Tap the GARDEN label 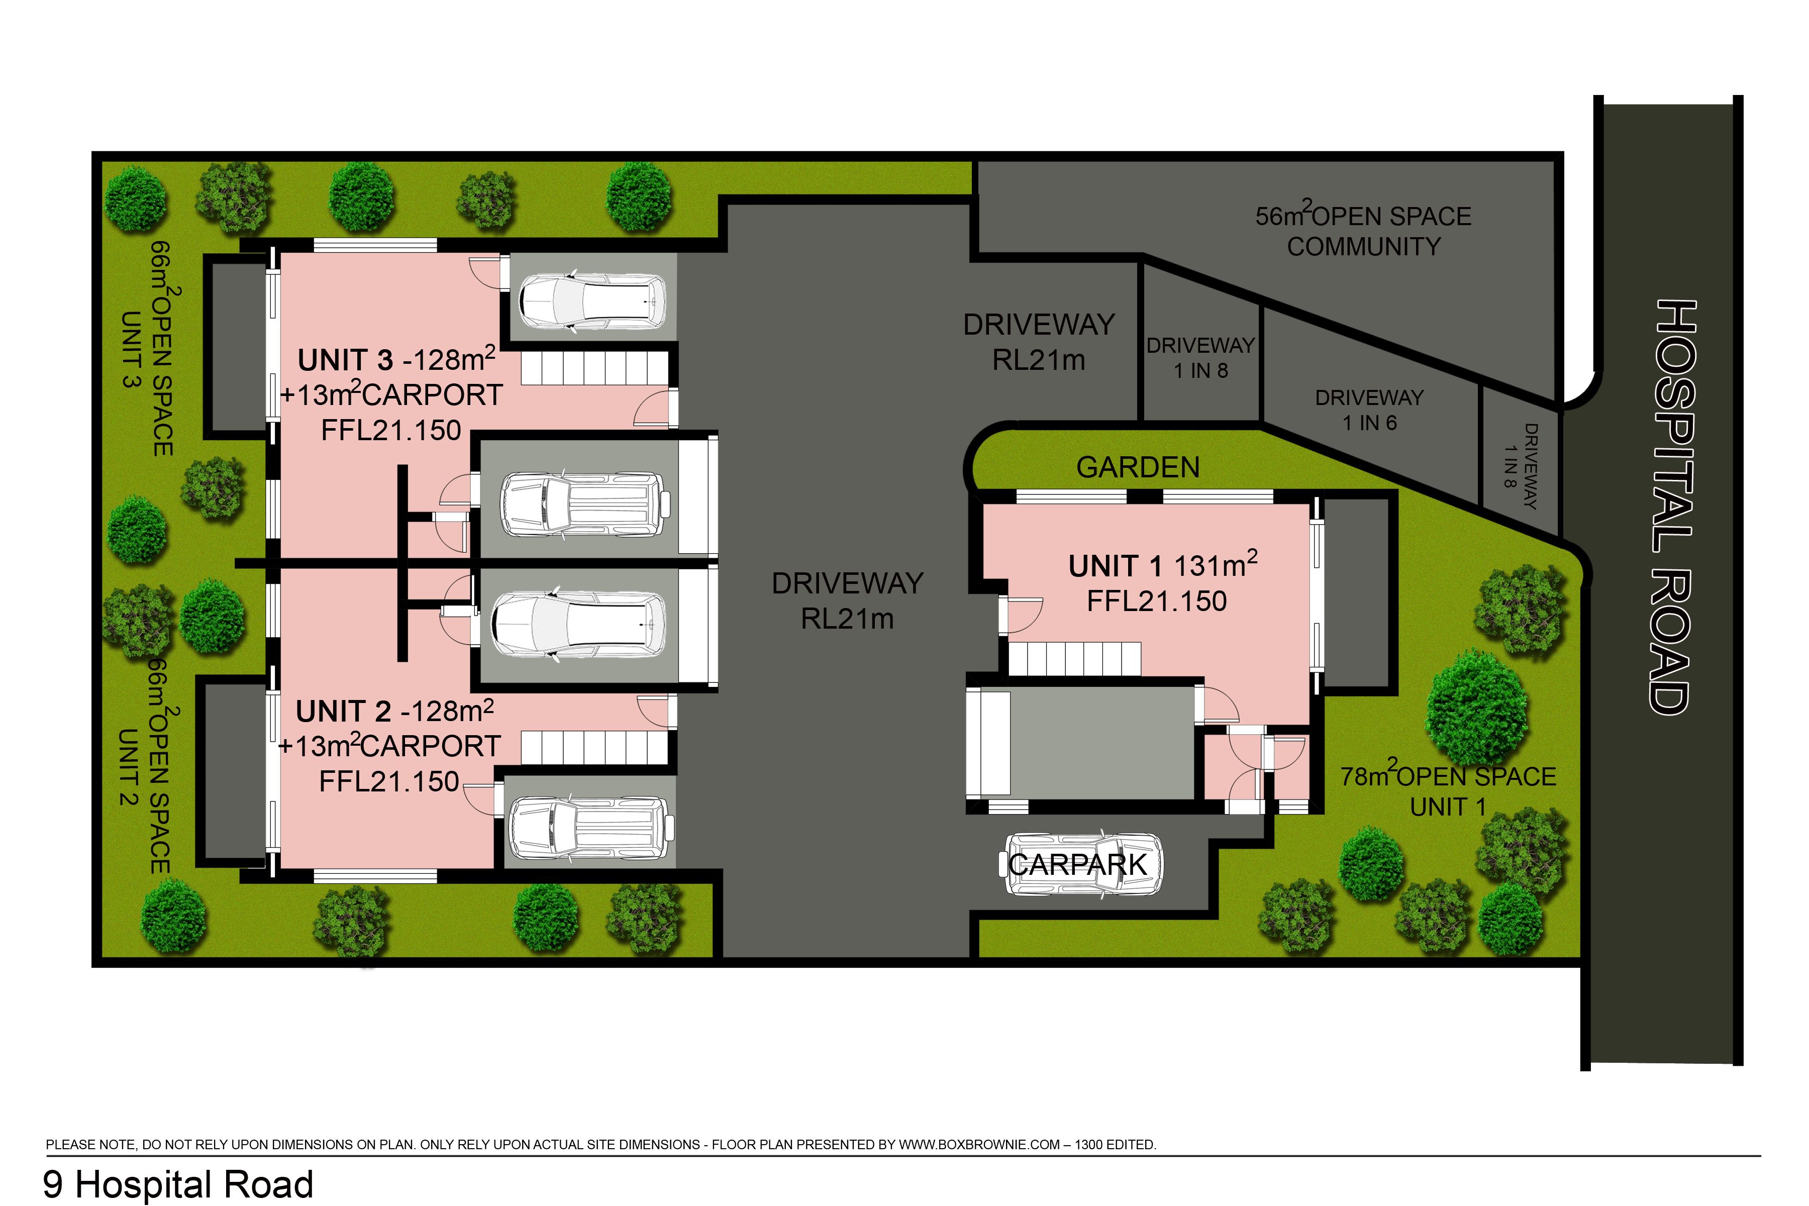click(1138, 467)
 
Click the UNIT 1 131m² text click(1162, 565)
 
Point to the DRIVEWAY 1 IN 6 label click(1369, 410)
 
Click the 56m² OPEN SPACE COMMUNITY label click(1363, 231)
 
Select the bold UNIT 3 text click(345, 360)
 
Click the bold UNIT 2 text click(343, 712)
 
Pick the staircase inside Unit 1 click(1074, 659)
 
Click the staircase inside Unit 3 click(594, 368)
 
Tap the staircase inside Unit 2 click(594, 747)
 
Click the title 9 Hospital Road click(178, 1184)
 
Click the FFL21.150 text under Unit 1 click(1156, 600)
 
